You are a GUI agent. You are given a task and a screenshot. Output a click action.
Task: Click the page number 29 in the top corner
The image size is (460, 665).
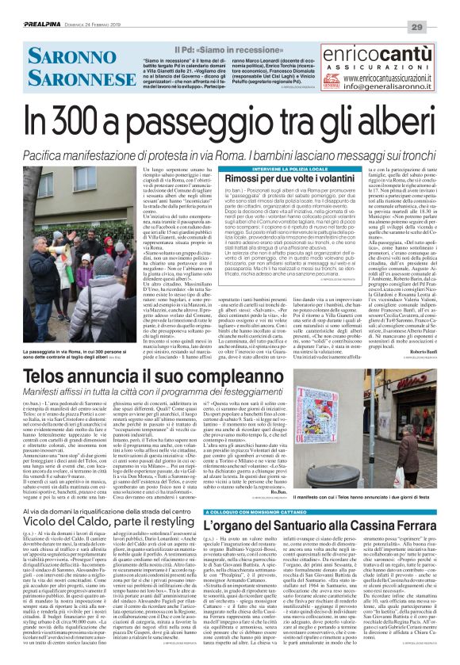coord(439,7)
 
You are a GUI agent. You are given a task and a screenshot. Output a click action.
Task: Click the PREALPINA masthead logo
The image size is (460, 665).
coord(32,7)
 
